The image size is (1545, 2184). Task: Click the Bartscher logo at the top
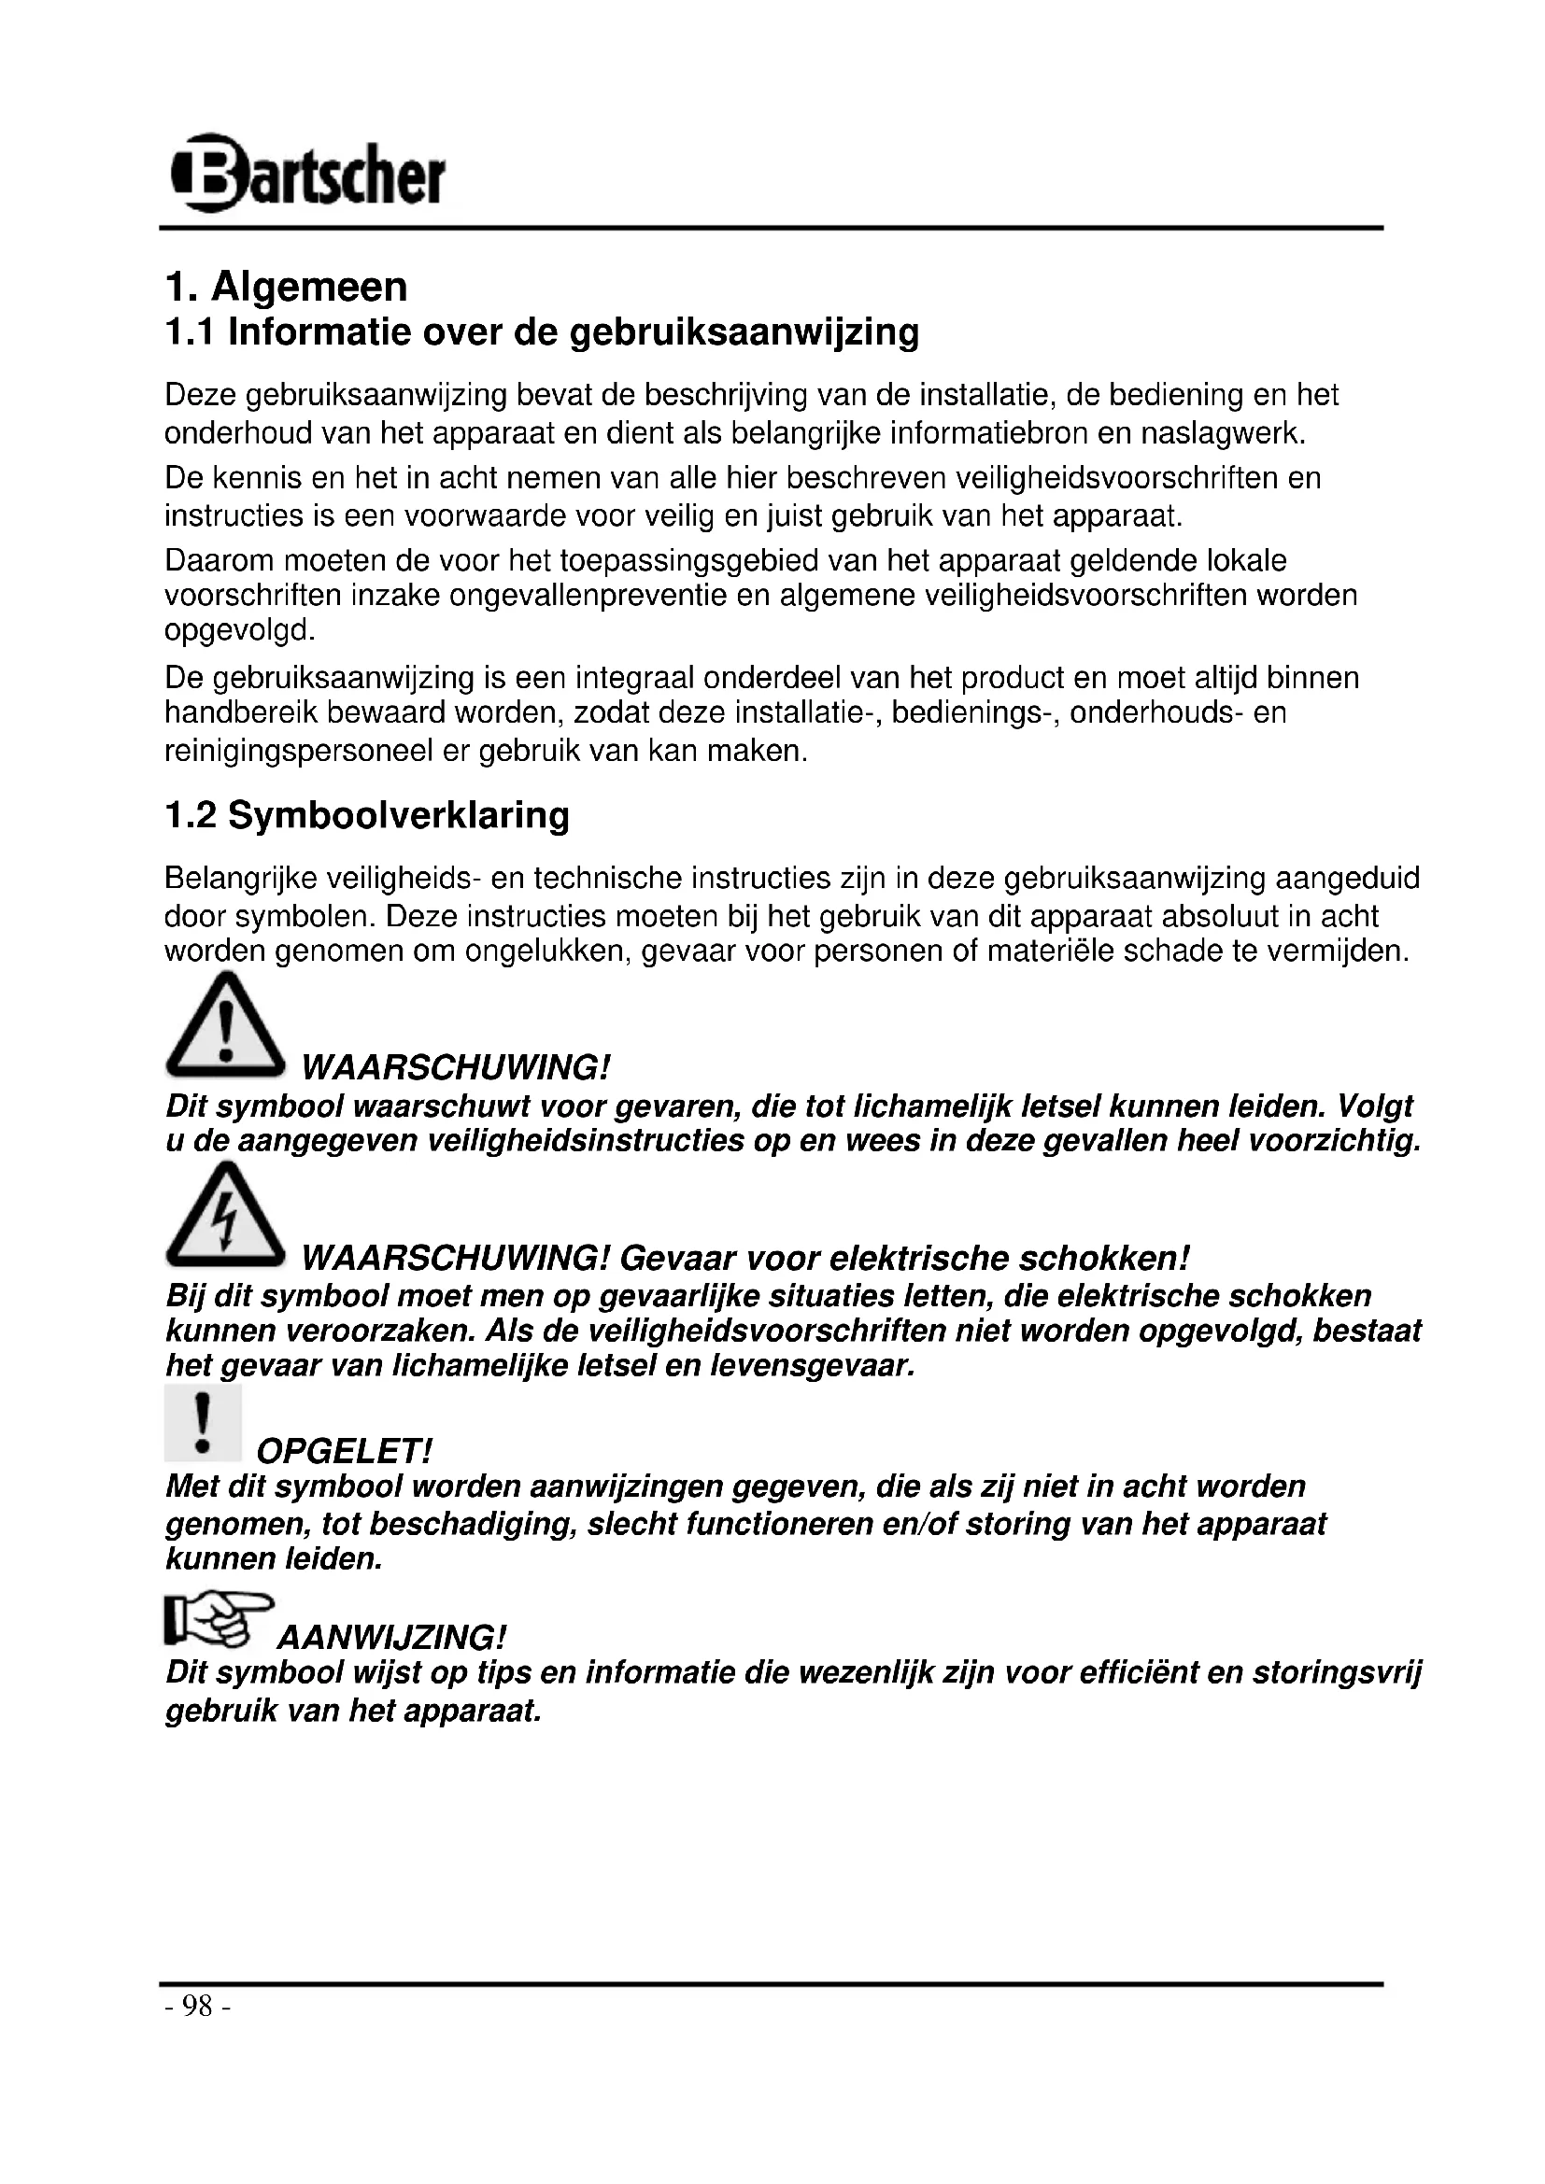coord(307,173)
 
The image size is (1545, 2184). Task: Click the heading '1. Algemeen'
coord(287,287)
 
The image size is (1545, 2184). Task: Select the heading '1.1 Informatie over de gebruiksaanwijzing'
coord(542,332)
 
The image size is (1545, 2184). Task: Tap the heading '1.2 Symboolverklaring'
coord(367,815)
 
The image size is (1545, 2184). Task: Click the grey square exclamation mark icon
coord(203,1422)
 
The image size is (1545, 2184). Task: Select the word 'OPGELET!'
coord(345,1452)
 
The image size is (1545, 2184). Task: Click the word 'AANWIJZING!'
coord(391,1638)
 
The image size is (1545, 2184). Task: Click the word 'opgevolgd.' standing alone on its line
coord(240,630)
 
